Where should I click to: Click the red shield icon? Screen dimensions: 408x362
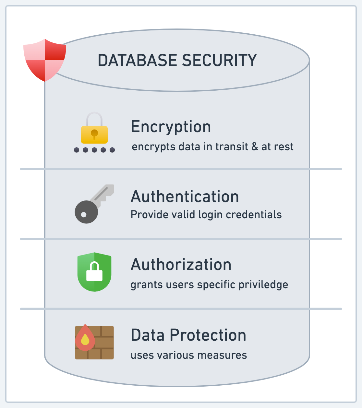tap(45, 60)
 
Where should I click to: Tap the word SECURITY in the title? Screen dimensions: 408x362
tap(219, 61)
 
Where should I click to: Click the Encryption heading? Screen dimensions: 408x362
tap(171, 127)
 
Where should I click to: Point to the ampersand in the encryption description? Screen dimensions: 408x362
tap(255, 147)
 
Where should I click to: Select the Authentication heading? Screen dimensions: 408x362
tap(185, 197)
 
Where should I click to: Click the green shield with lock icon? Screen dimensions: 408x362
tap(94, 272)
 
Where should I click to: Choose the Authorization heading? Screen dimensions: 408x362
tap(181, 265)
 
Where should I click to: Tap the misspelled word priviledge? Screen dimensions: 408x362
tap(263, 285)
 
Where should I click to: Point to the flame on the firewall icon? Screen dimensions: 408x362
tap(85, 338)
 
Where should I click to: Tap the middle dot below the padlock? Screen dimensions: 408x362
tap(94, 150)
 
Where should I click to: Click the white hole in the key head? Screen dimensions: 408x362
tap(84, 214)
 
